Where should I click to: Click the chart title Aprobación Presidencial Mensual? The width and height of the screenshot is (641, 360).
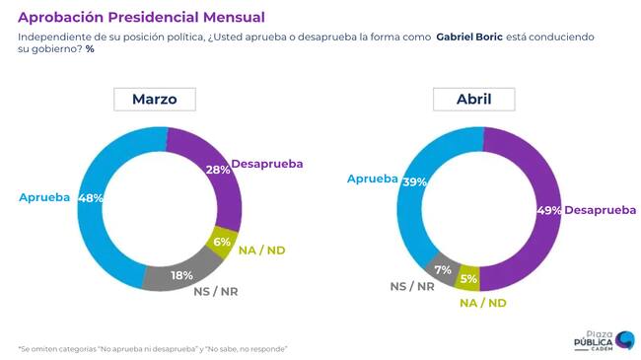[141, 17]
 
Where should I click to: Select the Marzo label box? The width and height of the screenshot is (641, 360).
[155, 99]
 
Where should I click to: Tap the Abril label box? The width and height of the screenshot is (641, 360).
[473, 99]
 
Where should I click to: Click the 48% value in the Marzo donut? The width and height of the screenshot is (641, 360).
[91, 198]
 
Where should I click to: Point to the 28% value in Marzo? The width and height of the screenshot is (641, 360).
[218, 170]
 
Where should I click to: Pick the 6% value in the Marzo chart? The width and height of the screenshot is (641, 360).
[222, 242]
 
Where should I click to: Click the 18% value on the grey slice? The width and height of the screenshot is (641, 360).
[181, 275]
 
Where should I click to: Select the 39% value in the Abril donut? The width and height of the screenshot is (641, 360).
[414, 182]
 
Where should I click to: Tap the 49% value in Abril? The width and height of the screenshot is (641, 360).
[549, 210]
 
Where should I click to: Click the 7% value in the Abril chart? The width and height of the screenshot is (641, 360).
[443, 270]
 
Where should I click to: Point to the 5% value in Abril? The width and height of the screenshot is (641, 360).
[468, 278]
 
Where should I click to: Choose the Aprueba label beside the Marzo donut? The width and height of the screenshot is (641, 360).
[44, 197]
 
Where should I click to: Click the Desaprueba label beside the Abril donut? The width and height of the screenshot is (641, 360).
[601, 210]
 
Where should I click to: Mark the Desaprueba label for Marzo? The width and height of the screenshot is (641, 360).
[267, 164]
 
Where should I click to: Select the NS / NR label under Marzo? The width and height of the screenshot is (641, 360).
[215, 292]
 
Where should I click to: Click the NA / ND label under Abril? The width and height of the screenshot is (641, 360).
[483, 303]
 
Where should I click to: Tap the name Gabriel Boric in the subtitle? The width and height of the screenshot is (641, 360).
[469, 36]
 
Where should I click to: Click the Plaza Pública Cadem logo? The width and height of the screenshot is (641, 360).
[605, 340]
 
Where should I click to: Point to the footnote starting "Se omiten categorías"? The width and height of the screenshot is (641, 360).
[153, 349]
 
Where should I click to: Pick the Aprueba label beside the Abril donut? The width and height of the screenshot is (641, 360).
[373, 179]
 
